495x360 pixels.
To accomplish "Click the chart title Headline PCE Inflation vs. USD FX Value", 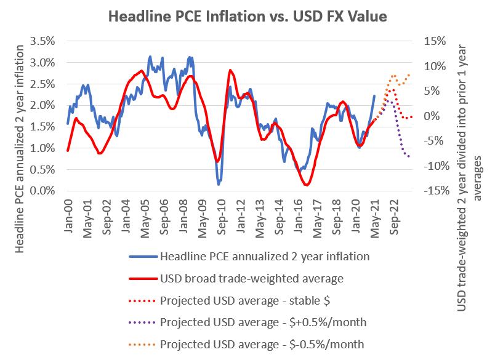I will point(247,17).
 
